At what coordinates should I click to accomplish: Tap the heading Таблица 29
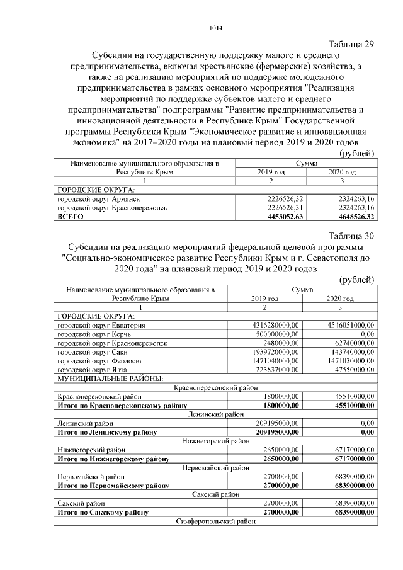pos(352,44)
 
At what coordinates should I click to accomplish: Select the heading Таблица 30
pos(352,236)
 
